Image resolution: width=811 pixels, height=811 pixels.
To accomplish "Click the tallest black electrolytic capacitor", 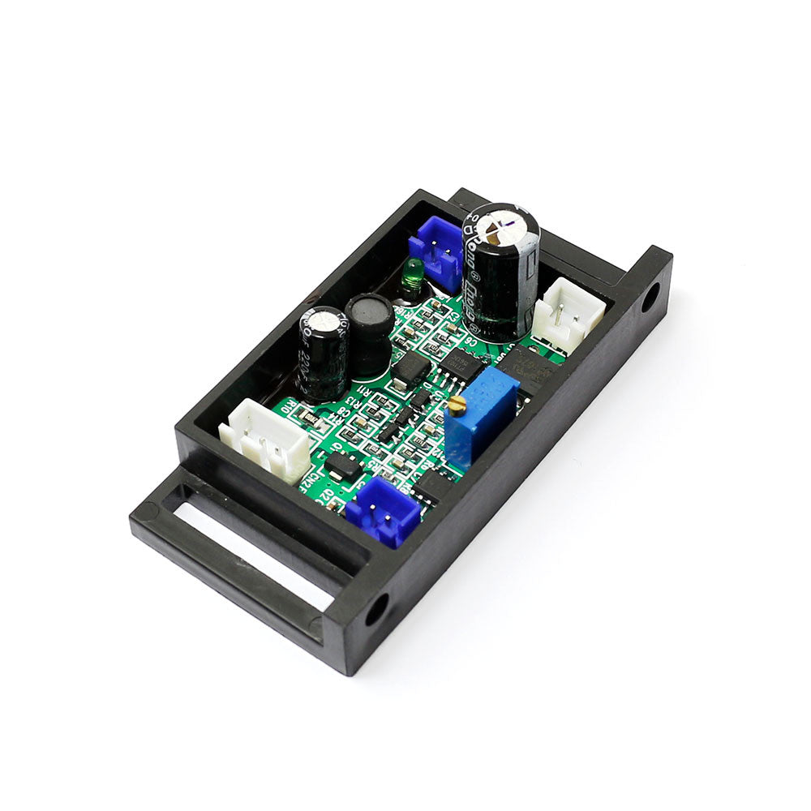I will [500, 272].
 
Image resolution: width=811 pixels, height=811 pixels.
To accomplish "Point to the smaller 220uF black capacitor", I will [322, 353].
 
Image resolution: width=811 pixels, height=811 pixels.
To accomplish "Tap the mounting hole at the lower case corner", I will [376, 610].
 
